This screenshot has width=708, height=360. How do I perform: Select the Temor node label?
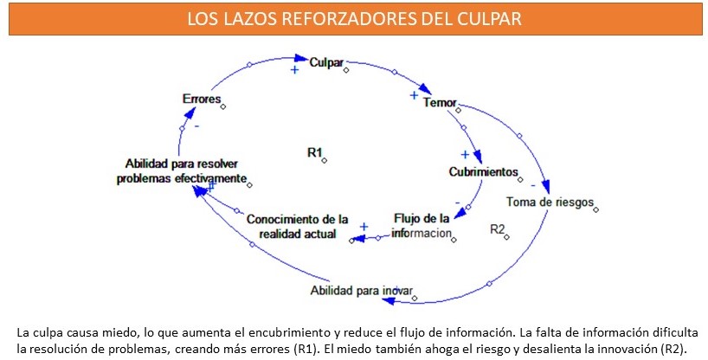click(x=439, y=103)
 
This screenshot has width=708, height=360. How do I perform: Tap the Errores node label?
click(x=201, y=100)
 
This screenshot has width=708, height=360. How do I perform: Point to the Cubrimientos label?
click(x=482, y=171)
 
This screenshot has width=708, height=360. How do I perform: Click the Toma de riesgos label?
click(x=550, y=202)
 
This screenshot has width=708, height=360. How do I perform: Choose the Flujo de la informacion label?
click(x=422, y=225)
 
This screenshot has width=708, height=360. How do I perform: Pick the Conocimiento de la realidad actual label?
click(x=297, y=226)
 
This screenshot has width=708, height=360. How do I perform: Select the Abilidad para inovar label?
click(x=361, y=289)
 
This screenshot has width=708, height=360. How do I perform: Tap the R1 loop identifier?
click(x=314, y=152)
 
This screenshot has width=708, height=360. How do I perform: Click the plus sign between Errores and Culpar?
click(x=294, y=70)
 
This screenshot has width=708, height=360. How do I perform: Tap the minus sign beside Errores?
click(x=196, y=125)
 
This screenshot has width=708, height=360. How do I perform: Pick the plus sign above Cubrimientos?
click(x=464, y=154)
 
